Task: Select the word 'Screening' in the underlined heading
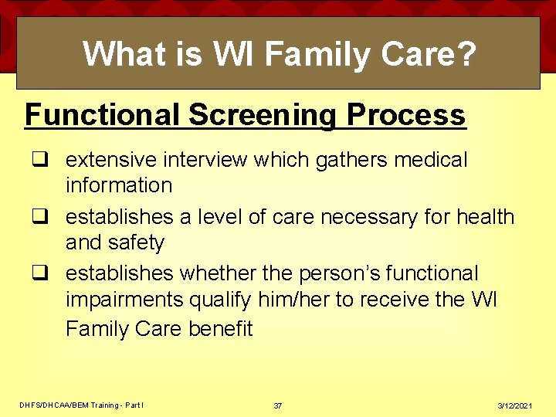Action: pyautogui.click(x=263, y=115)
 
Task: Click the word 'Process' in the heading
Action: pyautogui.click(x=406, y=115)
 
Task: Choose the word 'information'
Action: pyautogui.click(x=118, y=185)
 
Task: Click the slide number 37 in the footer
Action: pyautogui.click(x=278, y=405)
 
